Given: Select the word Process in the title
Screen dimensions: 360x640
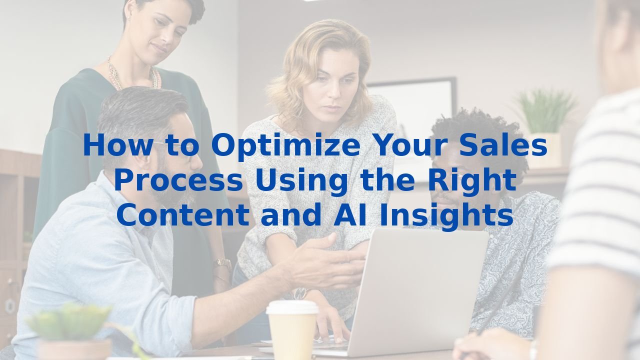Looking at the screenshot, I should [x=178, y=181].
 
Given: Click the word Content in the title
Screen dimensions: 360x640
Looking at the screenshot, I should [x=184, y=215].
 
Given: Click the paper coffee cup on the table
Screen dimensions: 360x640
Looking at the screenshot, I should [x=292, y=332].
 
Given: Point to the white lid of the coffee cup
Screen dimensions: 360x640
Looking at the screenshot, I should [x=292, y=307].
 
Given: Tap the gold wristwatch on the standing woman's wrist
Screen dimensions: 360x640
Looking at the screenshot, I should [x=222, y=263].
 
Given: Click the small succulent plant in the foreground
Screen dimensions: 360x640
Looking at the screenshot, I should [x=70, y=320].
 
